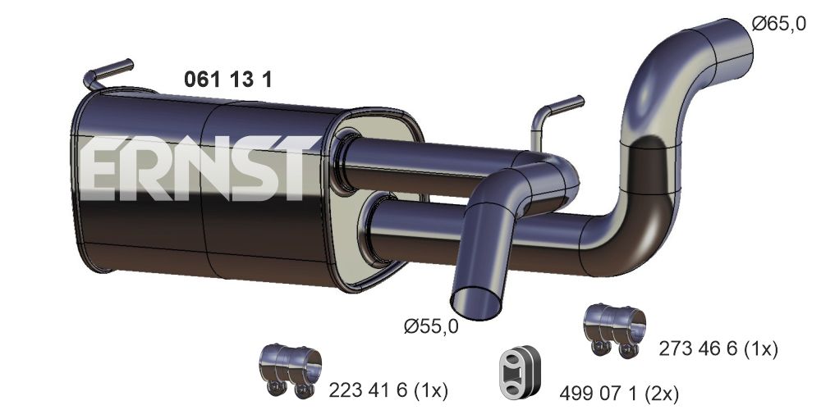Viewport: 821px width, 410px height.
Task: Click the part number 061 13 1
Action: pyautogui.click(x=227, y=79)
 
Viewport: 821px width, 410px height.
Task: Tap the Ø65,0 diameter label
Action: pyautogui.click(x=778, y=24)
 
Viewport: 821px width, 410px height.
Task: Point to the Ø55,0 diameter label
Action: pyautogui.click(x=431, y=327)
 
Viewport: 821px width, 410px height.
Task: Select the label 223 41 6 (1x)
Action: pyautogui.click(x=388, y=389)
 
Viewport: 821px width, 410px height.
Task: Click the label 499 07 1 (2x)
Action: pyautogui.click(x=619, y=392)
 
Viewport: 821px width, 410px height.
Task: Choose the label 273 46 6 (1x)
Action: pyautogui.click(x=718, y=348)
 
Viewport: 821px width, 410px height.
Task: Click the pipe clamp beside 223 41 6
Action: pyautogui.click(x=290, y=371)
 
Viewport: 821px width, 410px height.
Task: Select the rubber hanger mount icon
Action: pyautogui.click(x=519, y=371)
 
